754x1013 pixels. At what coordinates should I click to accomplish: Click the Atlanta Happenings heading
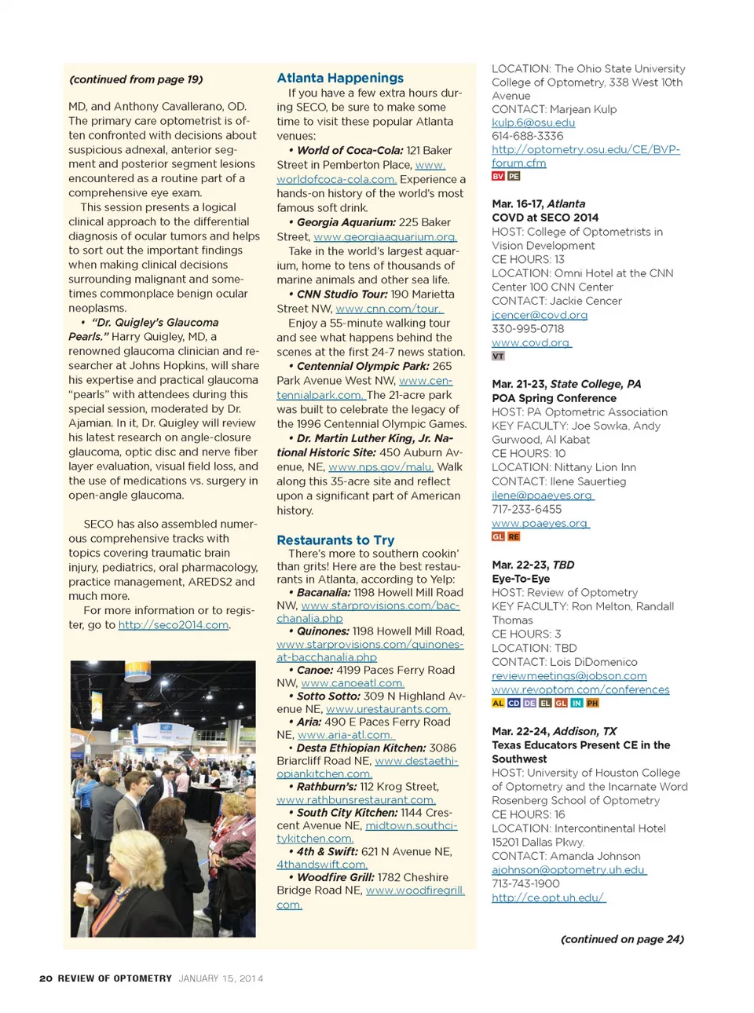340,78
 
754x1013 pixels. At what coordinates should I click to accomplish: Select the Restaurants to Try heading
335,540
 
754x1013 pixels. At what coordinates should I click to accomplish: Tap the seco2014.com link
174,625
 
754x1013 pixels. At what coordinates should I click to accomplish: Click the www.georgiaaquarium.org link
385,237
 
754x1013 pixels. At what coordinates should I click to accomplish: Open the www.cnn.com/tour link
389,309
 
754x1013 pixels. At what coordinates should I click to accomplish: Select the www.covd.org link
531,343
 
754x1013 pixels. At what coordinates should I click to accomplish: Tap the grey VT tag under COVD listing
498,357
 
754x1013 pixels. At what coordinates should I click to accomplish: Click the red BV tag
498,177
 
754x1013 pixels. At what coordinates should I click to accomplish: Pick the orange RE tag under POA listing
514,537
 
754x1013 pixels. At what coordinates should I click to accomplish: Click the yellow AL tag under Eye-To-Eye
498,704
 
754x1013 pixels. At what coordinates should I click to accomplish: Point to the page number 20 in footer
46,978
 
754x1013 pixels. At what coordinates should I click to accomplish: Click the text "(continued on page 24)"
622,939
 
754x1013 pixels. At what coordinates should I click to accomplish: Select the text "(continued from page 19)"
136,79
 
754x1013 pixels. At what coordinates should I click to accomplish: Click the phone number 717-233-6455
526,510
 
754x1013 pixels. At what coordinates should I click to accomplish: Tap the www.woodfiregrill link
415,890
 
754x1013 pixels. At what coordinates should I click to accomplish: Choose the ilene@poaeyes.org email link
542,496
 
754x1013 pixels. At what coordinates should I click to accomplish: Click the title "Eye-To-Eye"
521,579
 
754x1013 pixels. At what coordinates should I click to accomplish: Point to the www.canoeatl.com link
352,683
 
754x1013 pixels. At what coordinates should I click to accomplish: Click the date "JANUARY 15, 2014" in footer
221,978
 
